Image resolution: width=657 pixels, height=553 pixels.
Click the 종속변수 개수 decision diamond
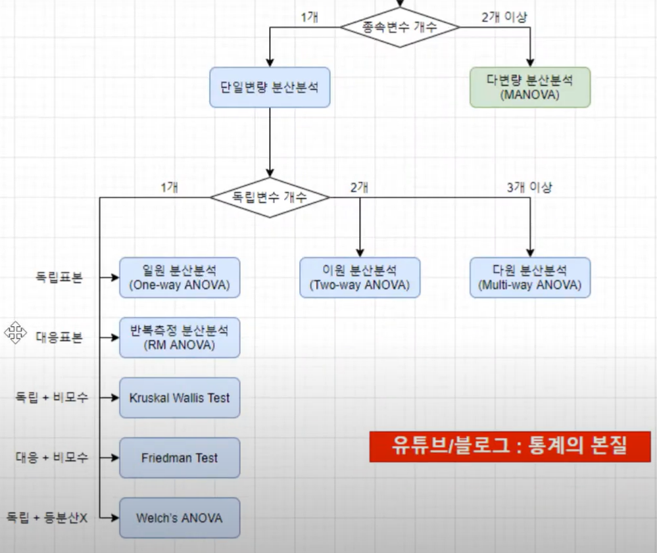coord(399,27)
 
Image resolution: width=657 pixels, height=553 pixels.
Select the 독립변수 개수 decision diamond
coord(270,197)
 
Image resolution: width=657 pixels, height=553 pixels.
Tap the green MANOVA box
coord(530,87)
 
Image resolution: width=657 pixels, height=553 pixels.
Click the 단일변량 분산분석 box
coord(270,87)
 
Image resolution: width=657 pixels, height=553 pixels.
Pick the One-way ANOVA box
coord(180,277)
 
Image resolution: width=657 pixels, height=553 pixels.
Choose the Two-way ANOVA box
coord(360,277)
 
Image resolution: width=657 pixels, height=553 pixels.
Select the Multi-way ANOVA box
coord(530,277)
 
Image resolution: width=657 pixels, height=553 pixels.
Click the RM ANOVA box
coord(180,337)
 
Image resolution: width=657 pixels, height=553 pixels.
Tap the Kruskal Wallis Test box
coord(180,398)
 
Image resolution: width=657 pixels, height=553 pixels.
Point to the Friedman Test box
coord(180,458)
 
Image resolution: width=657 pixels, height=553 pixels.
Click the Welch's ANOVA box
coord(180,518)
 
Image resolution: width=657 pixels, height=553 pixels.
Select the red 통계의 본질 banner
coord(510,447)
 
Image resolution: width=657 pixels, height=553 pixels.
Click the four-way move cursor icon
coord(15,332)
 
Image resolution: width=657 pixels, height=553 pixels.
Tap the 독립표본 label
coord(59,277)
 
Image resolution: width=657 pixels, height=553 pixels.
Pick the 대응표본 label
coord(59,338)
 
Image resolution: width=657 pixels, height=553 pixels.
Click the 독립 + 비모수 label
coord(52,398)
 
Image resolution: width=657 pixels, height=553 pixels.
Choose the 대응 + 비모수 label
coord(52,458)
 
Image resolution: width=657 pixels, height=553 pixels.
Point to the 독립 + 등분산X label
coord(47,518)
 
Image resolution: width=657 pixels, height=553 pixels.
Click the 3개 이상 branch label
coord(529,187)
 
